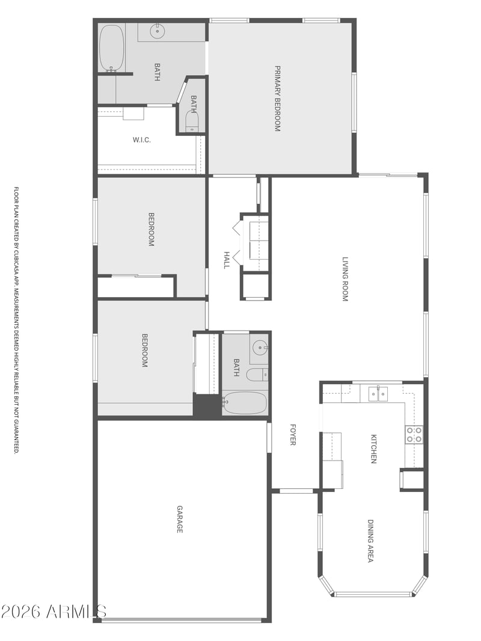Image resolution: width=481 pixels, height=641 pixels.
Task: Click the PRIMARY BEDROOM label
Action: point(277,99)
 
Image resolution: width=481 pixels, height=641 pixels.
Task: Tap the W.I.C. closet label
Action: point(141,140)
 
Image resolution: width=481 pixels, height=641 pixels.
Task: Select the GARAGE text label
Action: point(179,519)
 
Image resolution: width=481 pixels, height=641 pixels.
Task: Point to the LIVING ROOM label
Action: point(345,279)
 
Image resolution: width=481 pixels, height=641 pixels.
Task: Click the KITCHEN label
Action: point(373,449)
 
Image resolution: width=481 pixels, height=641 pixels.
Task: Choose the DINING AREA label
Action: point(370,541)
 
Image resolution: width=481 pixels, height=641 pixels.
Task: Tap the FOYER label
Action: point(293,435)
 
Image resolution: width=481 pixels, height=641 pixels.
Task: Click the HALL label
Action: point(227,260)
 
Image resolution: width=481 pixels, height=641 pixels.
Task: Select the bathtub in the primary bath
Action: point(112,48)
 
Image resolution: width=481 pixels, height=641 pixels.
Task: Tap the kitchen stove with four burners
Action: point(414,435)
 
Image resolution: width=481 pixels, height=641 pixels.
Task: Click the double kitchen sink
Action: point(379,394)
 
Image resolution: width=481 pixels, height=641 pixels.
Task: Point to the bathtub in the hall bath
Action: point(244,403)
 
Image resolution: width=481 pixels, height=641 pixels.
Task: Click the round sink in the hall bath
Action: point(259,348)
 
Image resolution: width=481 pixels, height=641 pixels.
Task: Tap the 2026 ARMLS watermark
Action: point(54,612)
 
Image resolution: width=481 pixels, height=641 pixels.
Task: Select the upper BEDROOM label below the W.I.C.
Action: point(151,229)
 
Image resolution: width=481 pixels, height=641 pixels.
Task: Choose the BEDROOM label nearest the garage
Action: point(145,351)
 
